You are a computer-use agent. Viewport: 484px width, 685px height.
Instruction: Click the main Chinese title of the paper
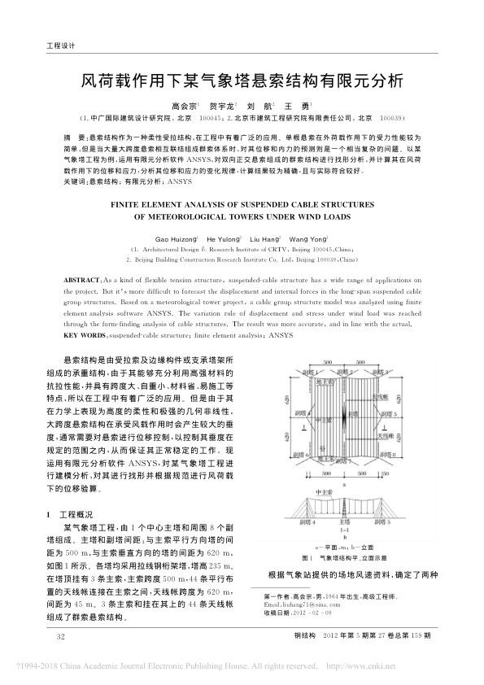(x=241, y=81)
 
